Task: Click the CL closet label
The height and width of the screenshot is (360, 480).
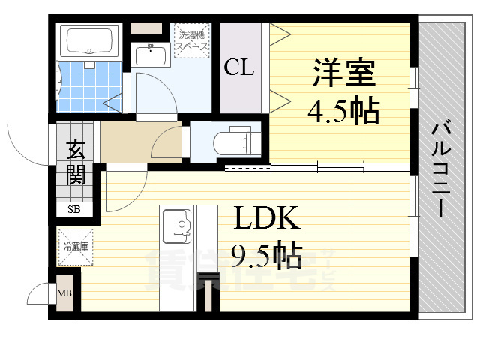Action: pyautogui.click(x=239, y=67)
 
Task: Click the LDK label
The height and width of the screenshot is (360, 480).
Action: pyautogui.click(x=266, y=220)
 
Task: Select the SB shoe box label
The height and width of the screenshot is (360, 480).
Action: pyautogui.click(x=74, y=209)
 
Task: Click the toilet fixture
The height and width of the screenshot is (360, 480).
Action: pyautogui.click(x=237, y=140)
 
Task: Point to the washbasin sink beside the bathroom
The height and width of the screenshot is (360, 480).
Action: pyautogui.click(x=152, y=55)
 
